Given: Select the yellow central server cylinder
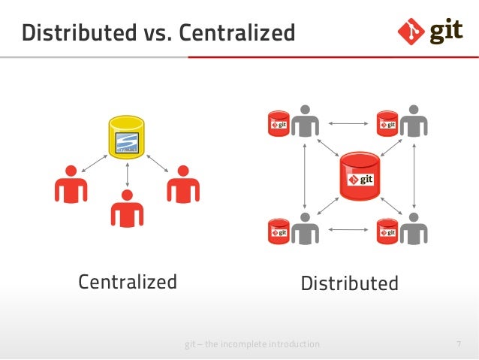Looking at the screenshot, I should tap(126, 137).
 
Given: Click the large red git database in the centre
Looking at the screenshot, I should tap(358, 177).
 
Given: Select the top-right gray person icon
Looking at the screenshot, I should tap(412, 123).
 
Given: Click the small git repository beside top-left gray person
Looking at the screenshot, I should tap(279, 123).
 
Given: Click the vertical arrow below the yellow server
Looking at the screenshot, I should tap(127, 174).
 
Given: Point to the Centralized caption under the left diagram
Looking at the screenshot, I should tap(128, 282).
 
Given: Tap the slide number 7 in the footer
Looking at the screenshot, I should tap(458, 344).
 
